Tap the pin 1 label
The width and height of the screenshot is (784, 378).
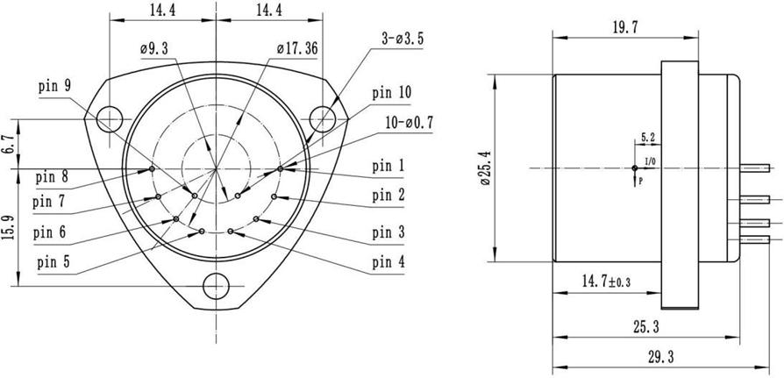coord(388,166)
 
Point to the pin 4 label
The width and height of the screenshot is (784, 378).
coord(388,261)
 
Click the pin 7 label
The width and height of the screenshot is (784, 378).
coord(48,202)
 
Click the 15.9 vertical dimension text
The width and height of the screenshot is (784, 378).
coord(8,227)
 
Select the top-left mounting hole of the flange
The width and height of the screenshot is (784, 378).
coord(110,118)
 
